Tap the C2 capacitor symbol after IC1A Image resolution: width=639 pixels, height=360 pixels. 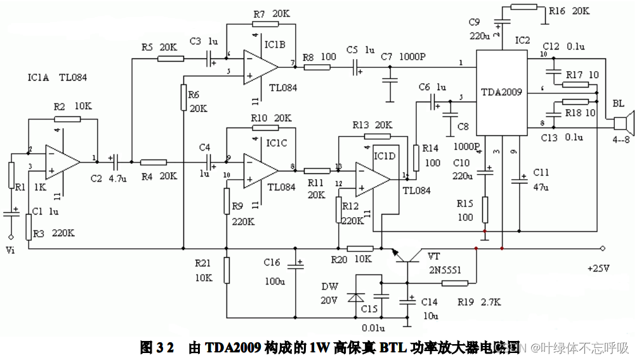pyautogui.click(x=112, y=161)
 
